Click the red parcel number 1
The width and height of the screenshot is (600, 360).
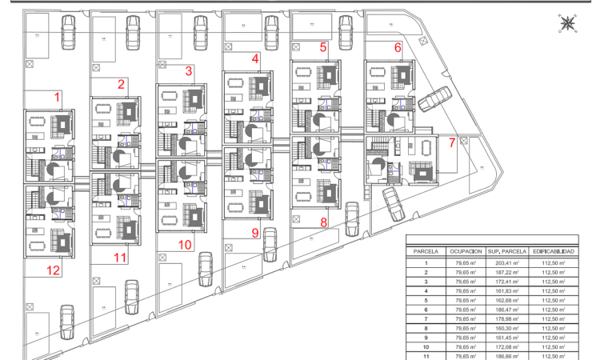[x=57, y=97]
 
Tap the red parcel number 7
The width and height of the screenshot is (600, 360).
[x=452, y=143]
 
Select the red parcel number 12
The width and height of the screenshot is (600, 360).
[x=53, y=270]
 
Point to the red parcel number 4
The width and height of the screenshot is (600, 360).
[x=255, y=58]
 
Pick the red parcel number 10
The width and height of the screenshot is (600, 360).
[x=185, y=244]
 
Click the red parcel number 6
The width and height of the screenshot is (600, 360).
[x=398, y=47]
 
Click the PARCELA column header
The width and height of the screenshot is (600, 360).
[x=426, y=251]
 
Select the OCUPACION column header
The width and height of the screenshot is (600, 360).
[x=466, y=251]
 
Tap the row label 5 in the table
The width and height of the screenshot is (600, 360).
[x=426, y=300]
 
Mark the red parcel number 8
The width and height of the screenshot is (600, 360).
[x=324, y=222]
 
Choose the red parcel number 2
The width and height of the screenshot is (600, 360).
[x=121, y=84]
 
